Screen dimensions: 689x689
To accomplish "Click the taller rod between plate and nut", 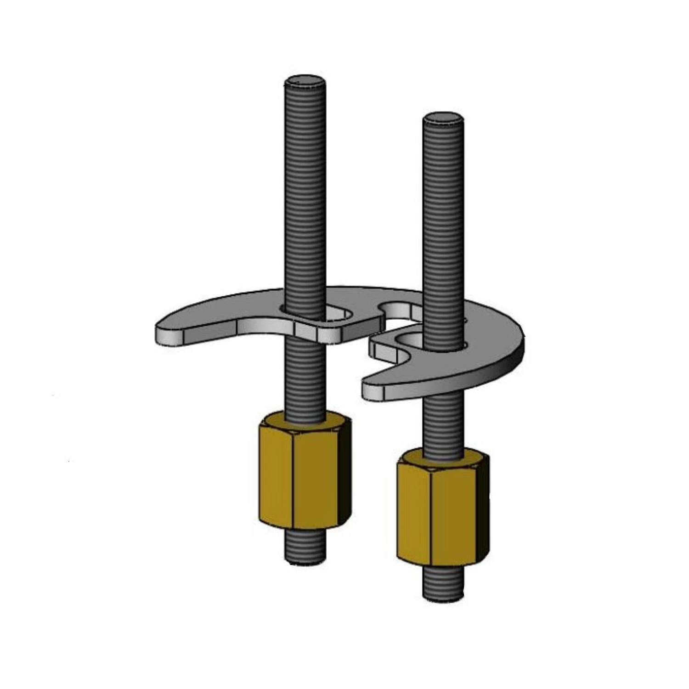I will click(305, 381).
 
